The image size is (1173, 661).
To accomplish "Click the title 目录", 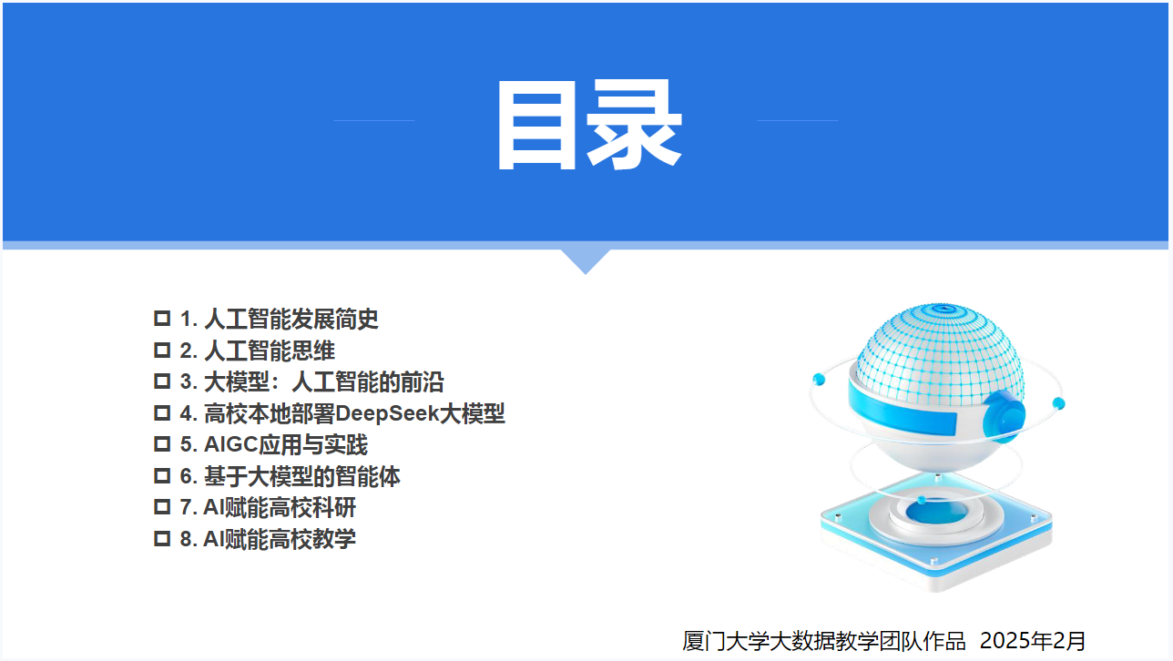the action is (589, 125).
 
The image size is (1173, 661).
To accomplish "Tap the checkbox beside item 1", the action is (162, 318).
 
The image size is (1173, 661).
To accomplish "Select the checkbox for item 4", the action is (162, 413).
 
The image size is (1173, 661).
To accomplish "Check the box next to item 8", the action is (162, 538).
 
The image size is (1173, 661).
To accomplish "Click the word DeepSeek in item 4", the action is (387, 413).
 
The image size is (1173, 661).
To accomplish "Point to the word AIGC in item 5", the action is (231, 444).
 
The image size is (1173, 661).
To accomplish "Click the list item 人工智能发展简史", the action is (291, 319).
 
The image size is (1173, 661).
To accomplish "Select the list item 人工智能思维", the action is (270, 351).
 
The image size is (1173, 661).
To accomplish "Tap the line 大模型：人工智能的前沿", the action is (323, 381).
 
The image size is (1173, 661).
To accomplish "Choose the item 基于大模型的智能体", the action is (302, 476).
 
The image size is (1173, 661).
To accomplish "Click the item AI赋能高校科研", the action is (280, 507).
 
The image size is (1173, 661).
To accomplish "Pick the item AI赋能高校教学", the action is (280, 538).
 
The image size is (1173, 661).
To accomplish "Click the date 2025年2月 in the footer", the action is (1033, 641).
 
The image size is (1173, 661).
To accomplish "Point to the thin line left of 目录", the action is (374, 120).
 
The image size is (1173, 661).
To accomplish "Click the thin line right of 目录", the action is (798, 120).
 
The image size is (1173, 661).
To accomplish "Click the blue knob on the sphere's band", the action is (1004, 415).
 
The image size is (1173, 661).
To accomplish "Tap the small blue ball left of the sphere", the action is (819, 379).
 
